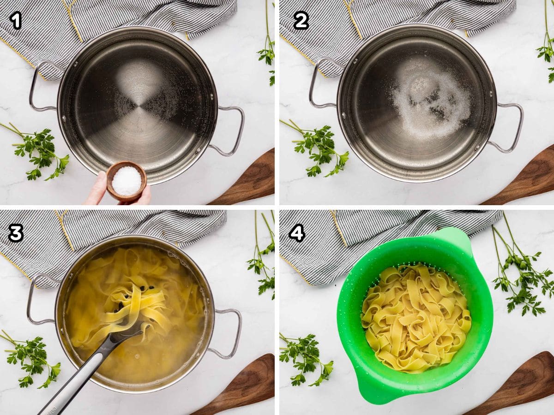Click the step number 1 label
(x=16, y=21)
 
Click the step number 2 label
(x=301, y=20)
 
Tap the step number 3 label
(x=16, y=233)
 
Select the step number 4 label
(x=297, y=233)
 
